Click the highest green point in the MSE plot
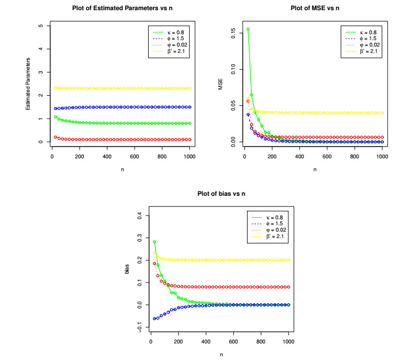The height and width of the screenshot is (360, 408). coord(248,29)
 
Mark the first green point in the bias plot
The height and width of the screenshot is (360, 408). coord(155,242)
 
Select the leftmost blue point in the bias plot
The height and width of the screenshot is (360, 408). coord(155,318)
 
